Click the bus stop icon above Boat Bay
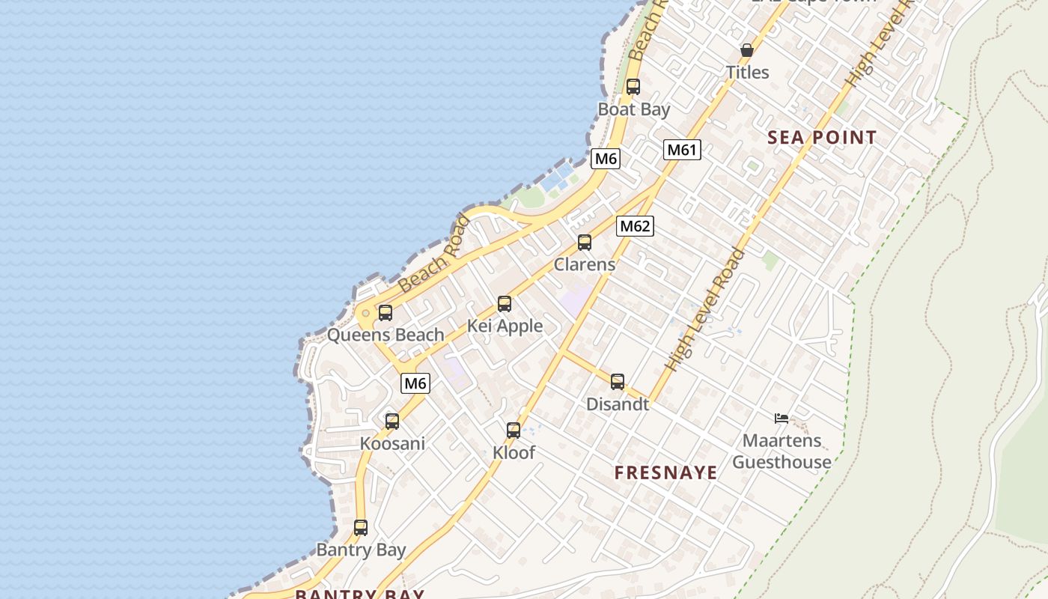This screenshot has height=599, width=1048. click(x=633, y=87)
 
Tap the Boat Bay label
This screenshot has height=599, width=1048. click(x=633, y=109)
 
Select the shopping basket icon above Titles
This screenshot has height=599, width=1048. click(x=746, y=50)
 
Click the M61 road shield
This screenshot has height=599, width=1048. click(x=681, y=150)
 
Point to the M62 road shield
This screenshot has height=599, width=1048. click(x=635, y=226)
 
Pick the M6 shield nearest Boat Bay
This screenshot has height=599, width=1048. click(x=606, y=159)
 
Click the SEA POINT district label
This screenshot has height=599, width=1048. click(x=822, y=138)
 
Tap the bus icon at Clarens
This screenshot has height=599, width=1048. click(x=585, y=243)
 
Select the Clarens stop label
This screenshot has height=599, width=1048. click(x=585, y=264)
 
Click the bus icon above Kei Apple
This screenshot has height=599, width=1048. click(x=505, y=304)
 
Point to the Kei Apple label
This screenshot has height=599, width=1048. click(x=505, y=326)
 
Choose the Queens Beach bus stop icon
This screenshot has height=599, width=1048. click(x=386, y=313)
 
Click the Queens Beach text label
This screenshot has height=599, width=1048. click(x=386, y=335)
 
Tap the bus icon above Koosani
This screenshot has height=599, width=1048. click(x=392, y=422)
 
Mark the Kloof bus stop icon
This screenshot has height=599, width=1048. click(x=514, y=431)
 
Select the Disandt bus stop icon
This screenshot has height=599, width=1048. click(x=618, y=382)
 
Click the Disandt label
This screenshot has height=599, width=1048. click(x=618, y=404)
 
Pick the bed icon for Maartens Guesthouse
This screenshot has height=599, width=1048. click(x=782, y=419)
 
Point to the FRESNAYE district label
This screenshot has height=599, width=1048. click(x=666, y=473)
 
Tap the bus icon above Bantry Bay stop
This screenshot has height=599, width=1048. click(x=361, y=528)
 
